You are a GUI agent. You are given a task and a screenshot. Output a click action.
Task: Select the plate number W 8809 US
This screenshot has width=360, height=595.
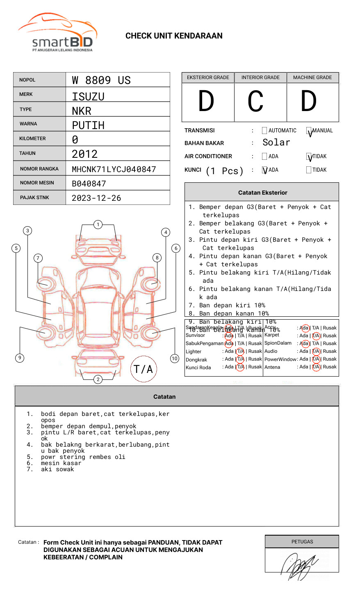pyautogui.click(x=101, y=80)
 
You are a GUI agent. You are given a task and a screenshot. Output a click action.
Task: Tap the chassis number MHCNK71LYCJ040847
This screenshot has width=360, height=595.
pyautogui.click(x=114, y=169)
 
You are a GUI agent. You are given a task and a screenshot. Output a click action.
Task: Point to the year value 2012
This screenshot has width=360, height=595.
pyautogui.click(x=85, y=154)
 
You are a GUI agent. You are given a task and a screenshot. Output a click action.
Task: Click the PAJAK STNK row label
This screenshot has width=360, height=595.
pyautogui.click(x=34, y=198)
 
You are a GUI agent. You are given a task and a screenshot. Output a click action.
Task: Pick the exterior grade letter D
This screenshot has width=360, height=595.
pyautogui.click(x=206, y=102)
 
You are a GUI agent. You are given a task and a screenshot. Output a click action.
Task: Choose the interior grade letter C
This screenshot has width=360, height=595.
pyautogui.click(x=255, y=102)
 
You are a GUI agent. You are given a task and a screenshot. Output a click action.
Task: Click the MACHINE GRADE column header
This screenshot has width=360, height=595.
pyautogui.click(x=312, y=77)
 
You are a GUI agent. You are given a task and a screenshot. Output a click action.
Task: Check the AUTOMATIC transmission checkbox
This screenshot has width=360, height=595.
pyautogui.click(x=264, y=131)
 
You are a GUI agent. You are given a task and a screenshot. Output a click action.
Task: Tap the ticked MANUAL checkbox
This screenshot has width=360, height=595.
pyautogui.click(x=309, y=131)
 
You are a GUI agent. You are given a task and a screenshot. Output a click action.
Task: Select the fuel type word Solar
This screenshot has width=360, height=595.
pyautogui.click(x=276, y=143)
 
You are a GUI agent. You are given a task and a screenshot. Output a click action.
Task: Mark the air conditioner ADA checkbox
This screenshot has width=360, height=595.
pyautogui.click(x=264, y=156)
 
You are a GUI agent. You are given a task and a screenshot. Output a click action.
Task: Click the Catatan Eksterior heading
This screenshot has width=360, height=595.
pyautogui.click(x=262, y=193)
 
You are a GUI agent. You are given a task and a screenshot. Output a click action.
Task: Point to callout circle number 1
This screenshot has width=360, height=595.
pyautogui.click(x=98, y=224)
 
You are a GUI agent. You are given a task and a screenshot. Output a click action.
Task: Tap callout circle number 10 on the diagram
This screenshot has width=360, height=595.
pyautogui.click(x=175, y=359)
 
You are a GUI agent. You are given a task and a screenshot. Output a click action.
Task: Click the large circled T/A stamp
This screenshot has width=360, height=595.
pyautogui.click(x=144, y=369)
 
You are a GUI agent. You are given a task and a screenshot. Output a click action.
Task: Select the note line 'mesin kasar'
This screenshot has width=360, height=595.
pyautogui.click(x=61, y=463)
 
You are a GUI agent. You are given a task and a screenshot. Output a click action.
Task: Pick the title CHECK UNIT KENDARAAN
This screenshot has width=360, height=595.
pyautogui.click(x=174, y=36)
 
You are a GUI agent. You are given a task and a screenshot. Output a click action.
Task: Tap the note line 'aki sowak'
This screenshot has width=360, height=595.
pyautogui.click(x=57, y=469)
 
